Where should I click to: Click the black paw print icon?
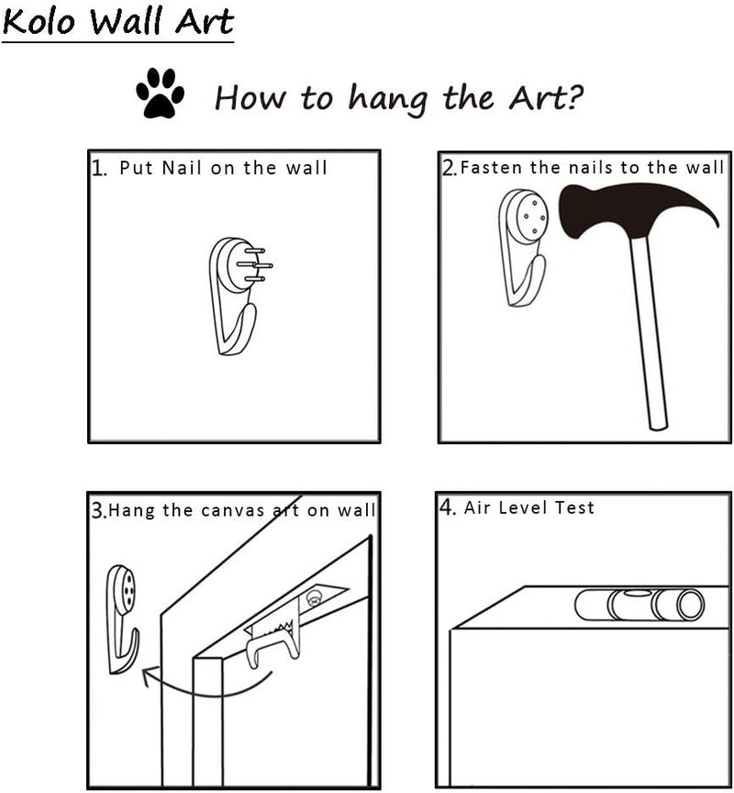(160, 93)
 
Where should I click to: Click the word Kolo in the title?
(39, 22)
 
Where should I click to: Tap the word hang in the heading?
(387, 99)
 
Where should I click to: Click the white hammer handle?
(649, 334)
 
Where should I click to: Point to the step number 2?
(449, 168)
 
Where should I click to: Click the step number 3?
(98, 510)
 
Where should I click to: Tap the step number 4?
(447, 507)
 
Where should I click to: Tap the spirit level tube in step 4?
(639, 605)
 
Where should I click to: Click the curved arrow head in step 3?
(149, 676)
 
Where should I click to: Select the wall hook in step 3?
(122, 618)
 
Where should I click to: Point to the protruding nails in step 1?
(256, 264)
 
